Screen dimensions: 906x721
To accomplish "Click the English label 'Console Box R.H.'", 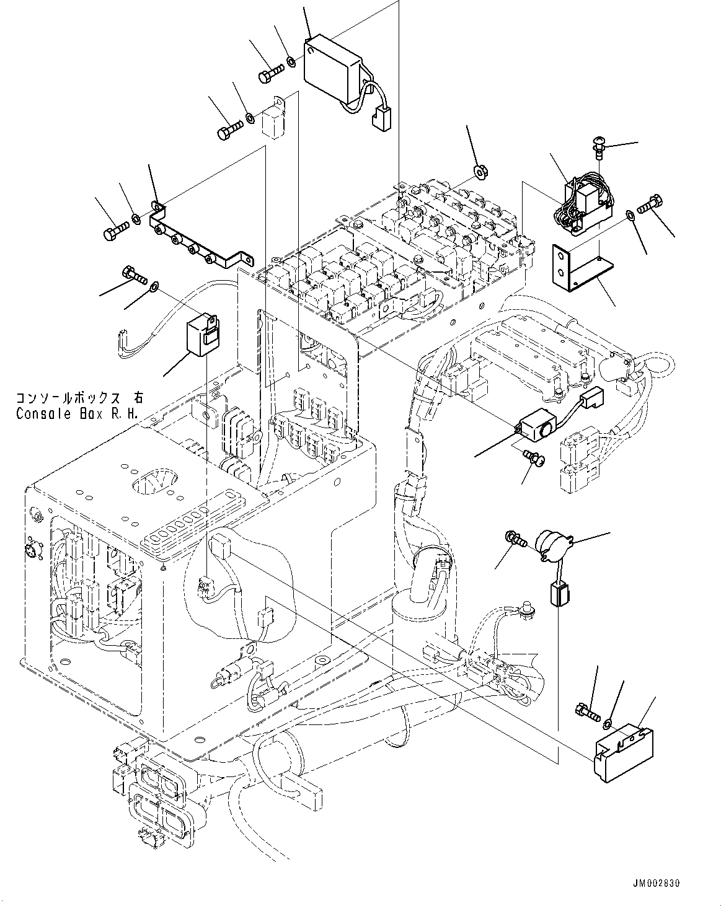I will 78,413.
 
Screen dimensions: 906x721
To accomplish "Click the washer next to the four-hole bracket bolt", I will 135,218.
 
